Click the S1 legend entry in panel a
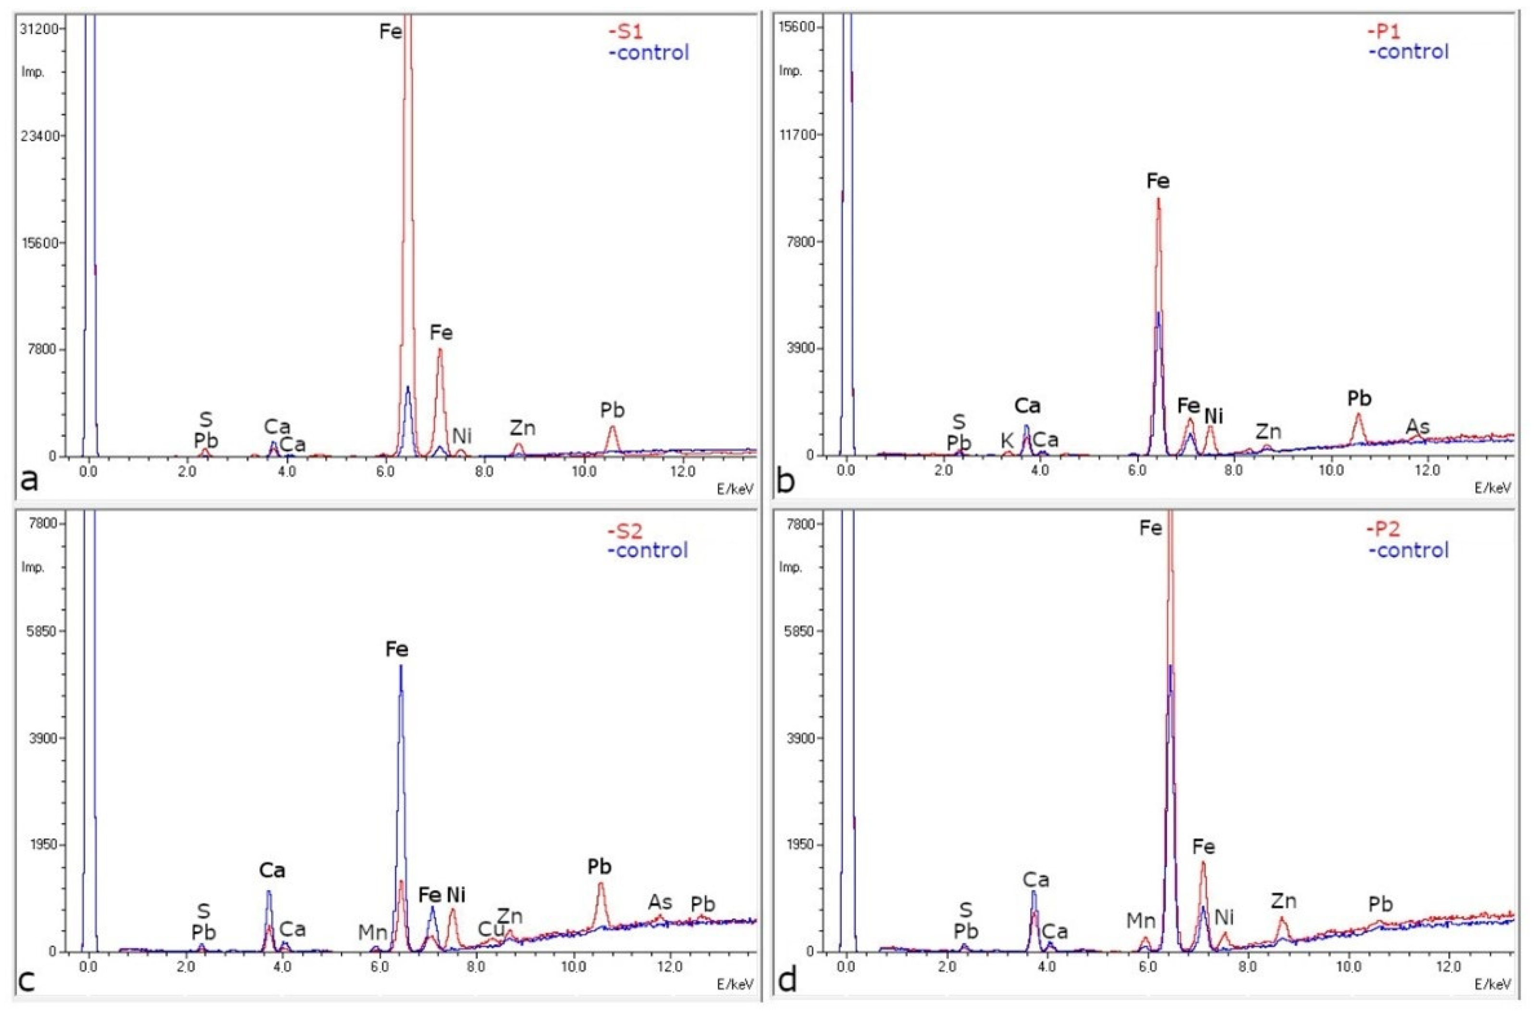tap(625, 31)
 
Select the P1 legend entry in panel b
tap(1386, 30)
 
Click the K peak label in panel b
tap(1007, 441)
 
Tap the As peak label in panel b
tap(1417, 427)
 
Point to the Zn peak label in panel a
tap(522, 428)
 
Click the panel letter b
tap(785, 482)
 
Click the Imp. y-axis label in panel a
tap(33, 72)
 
